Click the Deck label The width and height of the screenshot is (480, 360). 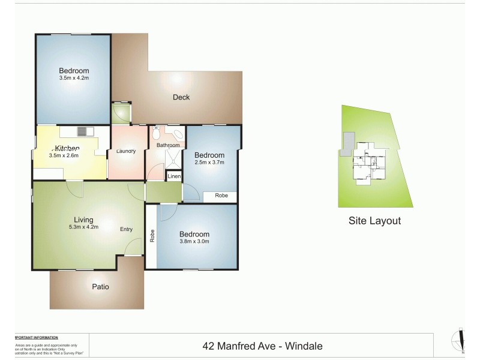click(x=181, y=97)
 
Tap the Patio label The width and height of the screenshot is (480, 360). click(x=101, y=287)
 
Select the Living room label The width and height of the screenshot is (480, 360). click(x=84, y=220)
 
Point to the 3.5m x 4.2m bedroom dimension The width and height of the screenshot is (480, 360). click(x=74, y=78)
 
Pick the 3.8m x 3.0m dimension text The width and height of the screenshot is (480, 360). click(x=195, y=241)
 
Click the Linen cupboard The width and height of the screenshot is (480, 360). click(x=174, y=176)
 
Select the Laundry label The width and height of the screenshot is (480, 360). click(x=126, y=151)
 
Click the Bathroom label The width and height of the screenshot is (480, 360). click(x=168, y=145)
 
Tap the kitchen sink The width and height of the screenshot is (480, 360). click(x=82, y=131)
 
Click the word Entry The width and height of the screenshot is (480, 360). click(x=126, y=229)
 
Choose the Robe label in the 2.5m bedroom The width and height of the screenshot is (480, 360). click(x=221, y=196)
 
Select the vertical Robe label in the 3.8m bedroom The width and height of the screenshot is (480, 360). click(x=152, y=236)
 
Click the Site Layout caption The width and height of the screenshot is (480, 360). click(x=374, y=221)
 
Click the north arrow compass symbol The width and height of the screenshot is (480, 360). click(x=461, y=341)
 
